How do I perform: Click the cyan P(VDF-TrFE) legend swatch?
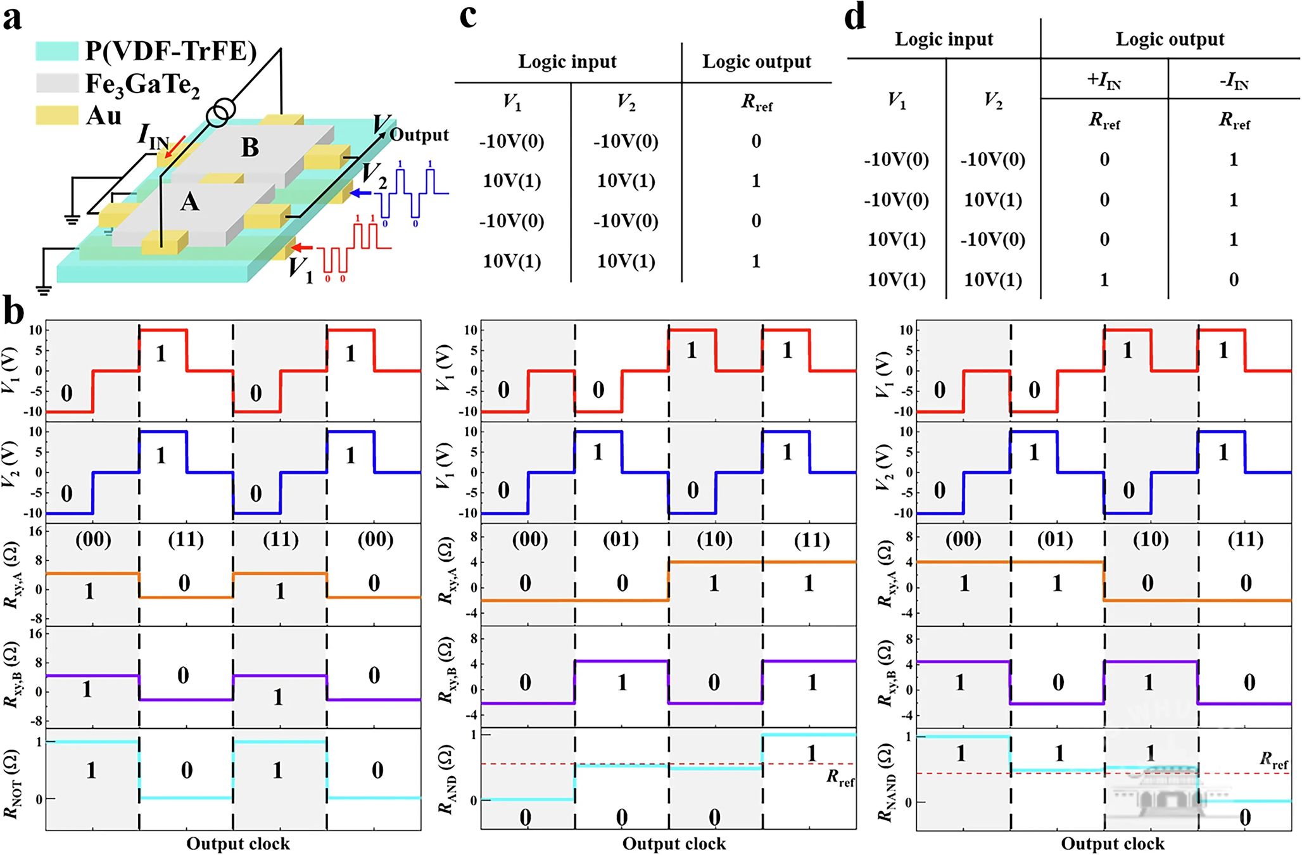coord(57,51)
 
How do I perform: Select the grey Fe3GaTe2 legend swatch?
coord(57,83)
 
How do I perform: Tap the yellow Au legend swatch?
coord(57,115)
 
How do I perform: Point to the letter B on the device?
coord(250,148)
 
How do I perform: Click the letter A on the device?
coord(190,202)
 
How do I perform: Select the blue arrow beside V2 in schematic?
coord(361,193)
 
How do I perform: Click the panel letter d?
coord(856,18)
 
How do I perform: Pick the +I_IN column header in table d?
coord(1104,81)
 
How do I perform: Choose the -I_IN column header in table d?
coord(1234,81)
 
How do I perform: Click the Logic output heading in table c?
coord(756,61)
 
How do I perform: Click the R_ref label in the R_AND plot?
coord(840,778)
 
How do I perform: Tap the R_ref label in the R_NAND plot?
coord(1274,760)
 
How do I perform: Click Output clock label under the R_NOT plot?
coord(238,844)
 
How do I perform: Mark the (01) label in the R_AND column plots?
coord(621,540)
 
